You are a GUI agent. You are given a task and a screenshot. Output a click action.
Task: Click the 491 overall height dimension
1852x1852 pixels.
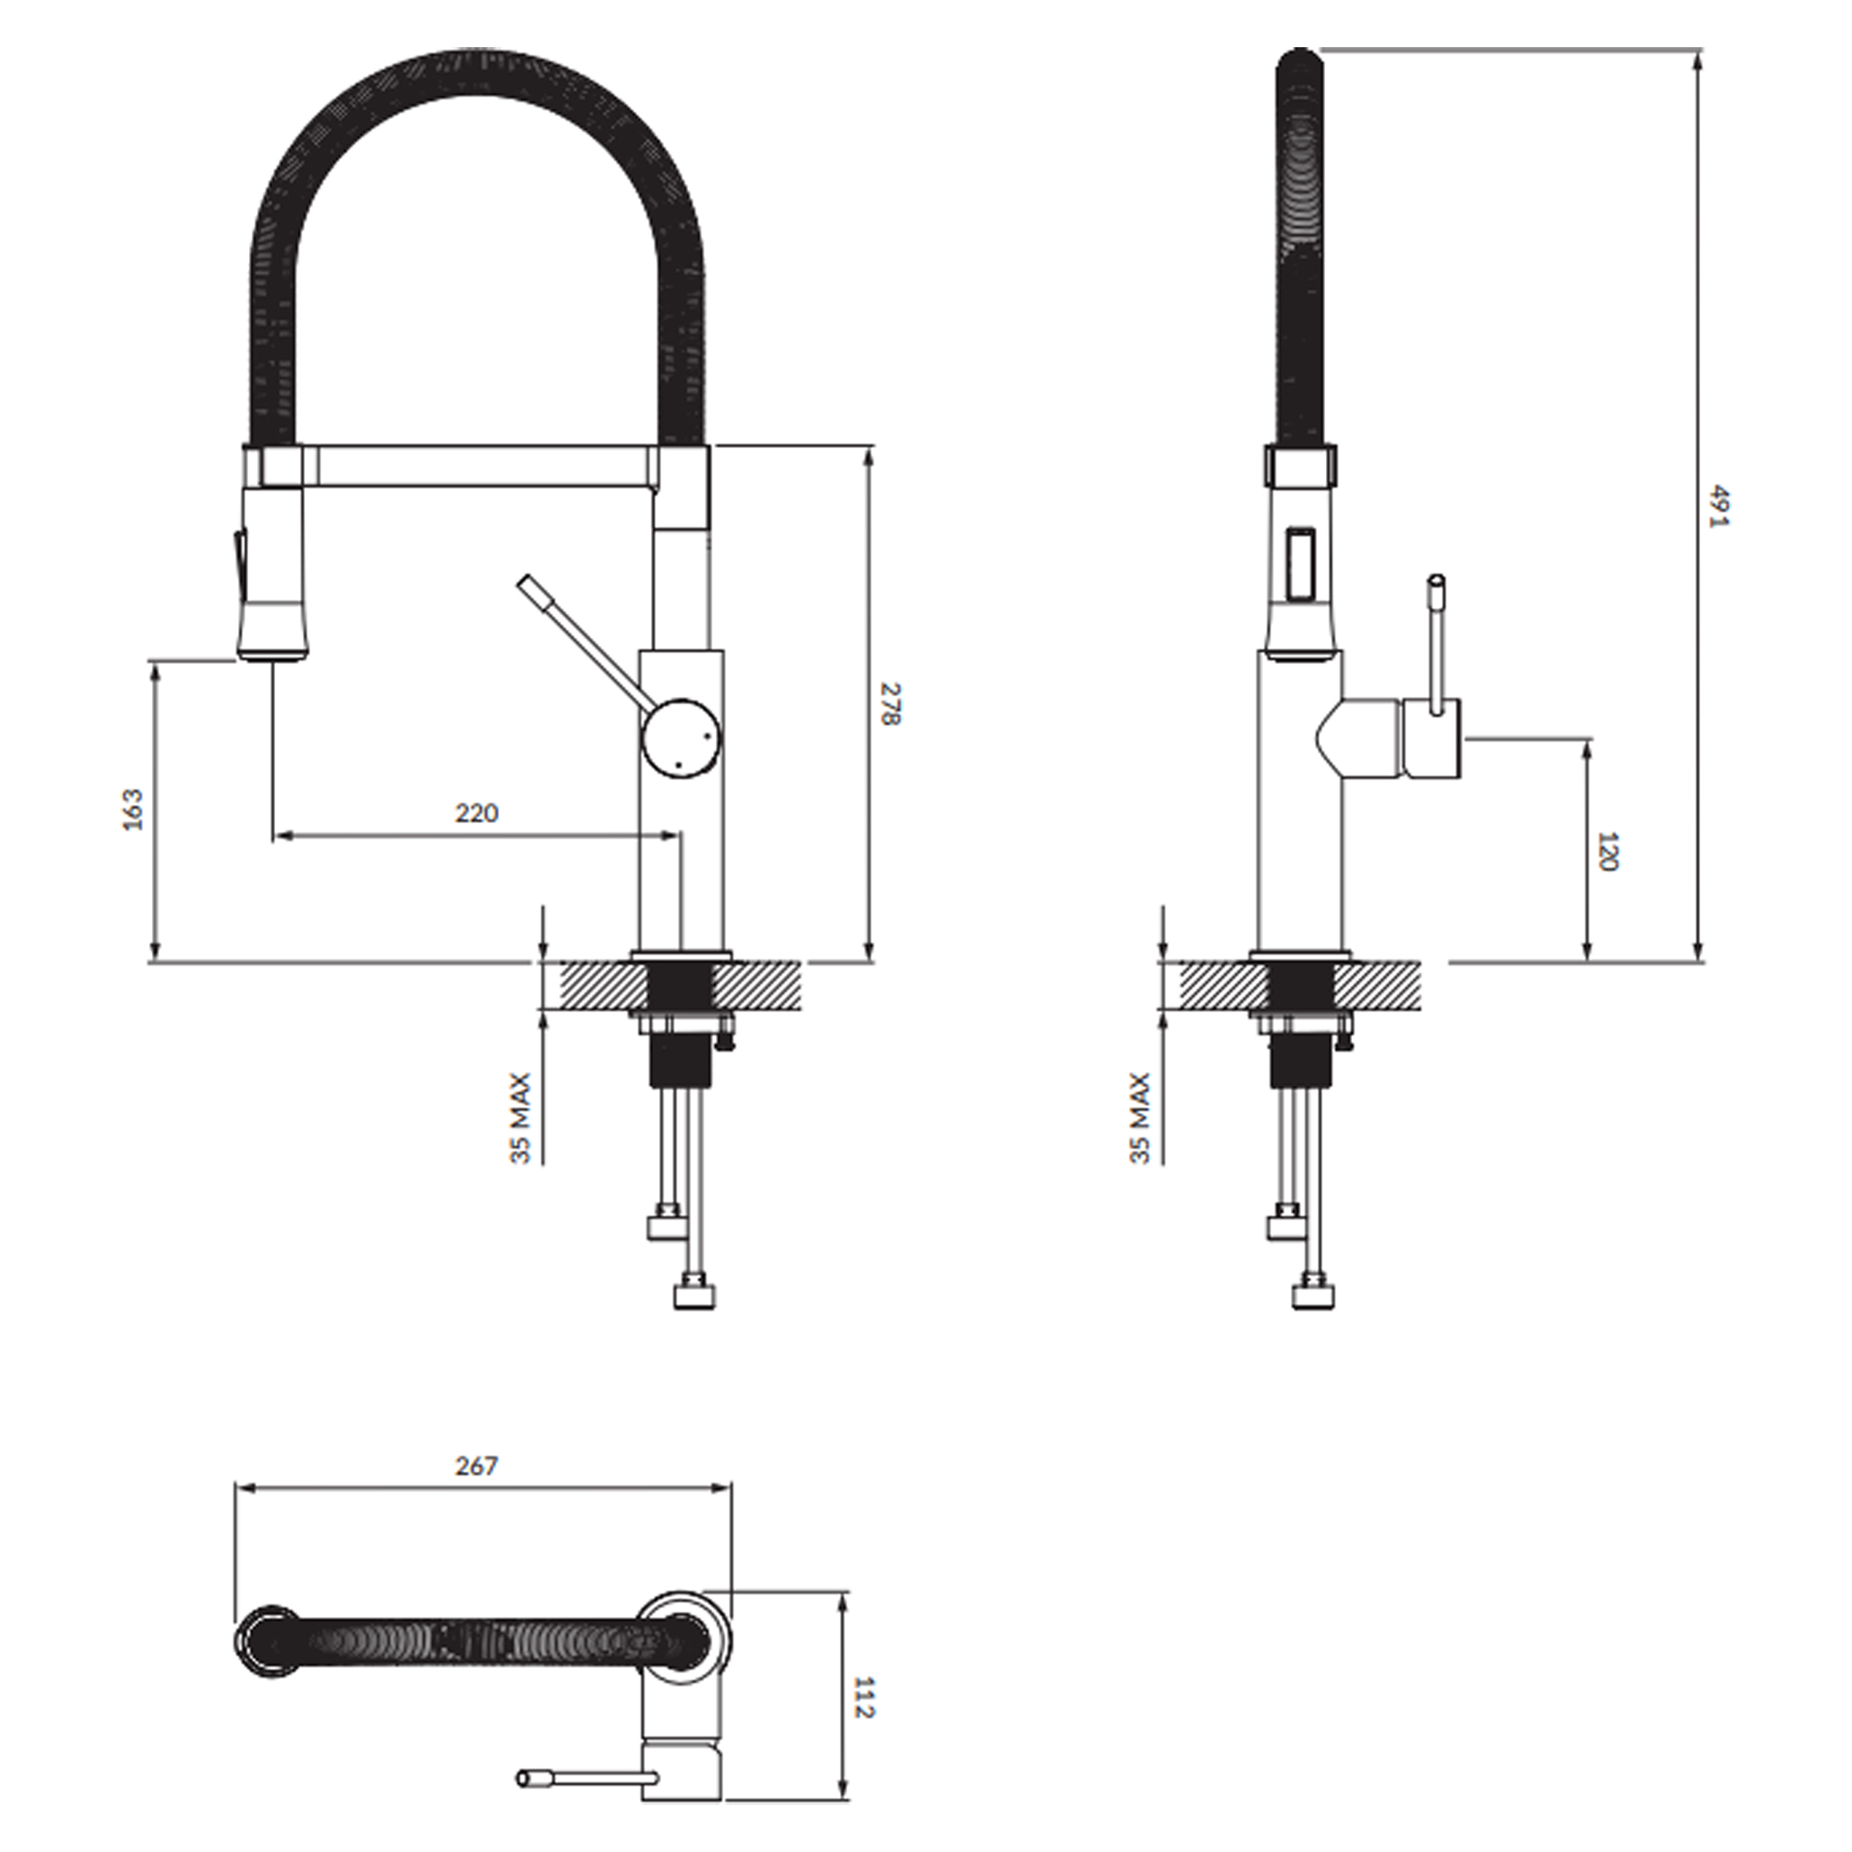(x=1718, y=507)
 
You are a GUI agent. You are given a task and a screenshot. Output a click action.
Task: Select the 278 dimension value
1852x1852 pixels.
(x=891, y=704)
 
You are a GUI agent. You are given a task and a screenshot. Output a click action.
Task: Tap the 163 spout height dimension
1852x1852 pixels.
(x=133, y=809)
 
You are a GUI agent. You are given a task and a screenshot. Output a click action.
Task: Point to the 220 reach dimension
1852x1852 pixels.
(x=476, y=813)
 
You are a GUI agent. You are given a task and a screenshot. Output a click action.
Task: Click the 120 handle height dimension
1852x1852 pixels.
(x=1608, y=852)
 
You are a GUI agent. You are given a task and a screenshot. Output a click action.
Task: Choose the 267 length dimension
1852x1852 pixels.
(x=476, y=1466)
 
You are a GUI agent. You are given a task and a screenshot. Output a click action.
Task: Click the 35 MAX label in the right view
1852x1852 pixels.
(x=1140, y=1119)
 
